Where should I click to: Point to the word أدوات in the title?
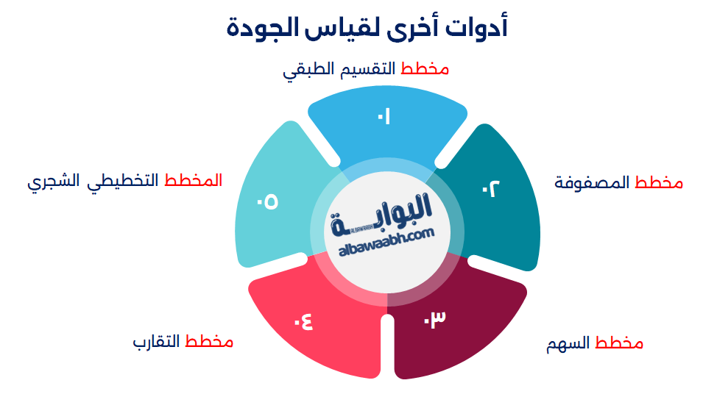click(479, 29)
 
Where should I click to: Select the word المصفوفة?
click(592, 183)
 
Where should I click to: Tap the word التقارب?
click(157, 343)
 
